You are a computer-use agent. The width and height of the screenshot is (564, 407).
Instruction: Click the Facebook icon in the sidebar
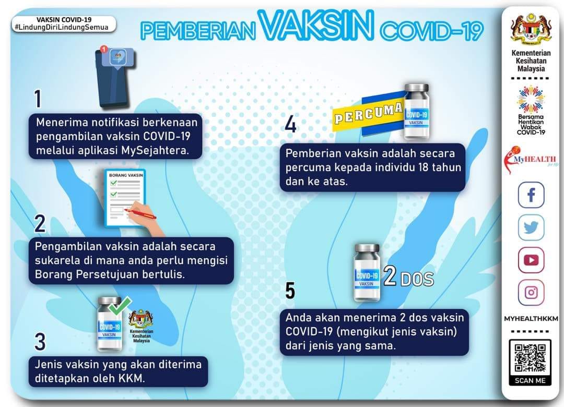(531, 195)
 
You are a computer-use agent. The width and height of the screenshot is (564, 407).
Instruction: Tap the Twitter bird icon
(531, 228)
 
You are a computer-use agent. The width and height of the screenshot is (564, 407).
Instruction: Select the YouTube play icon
(531, 260)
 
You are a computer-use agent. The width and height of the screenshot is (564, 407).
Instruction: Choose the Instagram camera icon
(531, 292)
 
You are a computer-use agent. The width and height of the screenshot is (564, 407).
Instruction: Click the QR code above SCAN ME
(530, 357)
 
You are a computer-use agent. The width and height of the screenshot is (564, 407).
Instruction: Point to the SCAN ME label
(530, 380)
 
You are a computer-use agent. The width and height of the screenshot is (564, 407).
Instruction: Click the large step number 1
(38, 99)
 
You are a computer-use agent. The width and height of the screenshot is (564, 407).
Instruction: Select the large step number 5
(290, 291)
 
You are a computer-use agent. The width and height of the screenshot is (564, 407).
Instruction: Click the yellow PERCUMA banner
(369, 113)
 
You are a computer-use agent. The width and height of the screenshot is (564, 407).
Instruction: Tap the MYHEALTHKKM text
(531, 318)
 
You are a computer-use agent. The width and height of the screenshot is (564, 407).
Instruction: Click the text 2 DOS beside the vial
(408, 278)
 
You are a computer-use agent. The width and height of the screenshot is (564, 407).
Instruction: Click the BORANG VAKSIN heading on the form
(125, 175)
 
